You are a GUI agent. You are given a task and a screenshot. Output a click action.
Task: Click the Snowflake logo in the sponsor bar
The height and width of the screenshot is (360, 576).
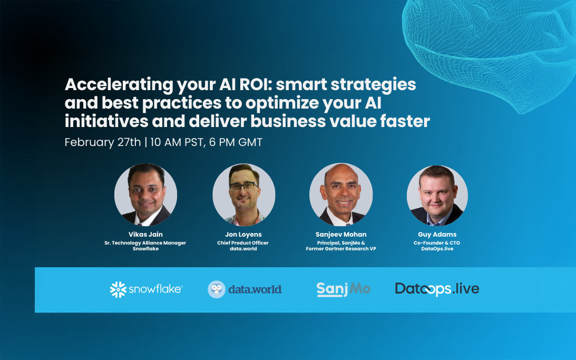pos(146,289)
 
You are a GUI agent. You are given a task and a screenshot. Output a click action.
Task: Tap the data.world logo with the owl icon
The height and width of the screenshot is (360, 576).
pos(245,289)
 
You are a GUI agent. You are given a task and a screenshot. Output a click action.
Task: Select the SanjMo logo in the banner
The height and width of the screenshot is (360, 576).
pos(343,289)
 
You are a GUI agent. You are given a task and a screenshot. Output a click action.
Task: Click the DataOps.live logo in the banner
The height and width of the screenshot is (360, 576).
pos(437,289)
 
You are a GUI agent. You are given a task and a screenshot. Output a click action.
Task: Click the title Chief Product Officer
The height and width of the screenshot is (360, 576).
pos(243,243)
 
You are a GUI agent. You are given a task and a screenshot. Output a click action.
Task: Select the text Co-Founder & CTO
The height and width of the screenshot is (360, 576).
pos(437,243)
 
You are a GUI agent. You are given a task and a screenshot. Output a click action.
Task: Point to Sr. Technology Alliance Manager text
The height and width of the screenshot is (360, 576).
pos(146,243)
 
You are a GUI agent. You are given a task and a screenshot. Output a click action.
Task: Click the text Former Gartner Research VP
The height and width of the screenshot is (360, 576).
pos(340,249)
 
